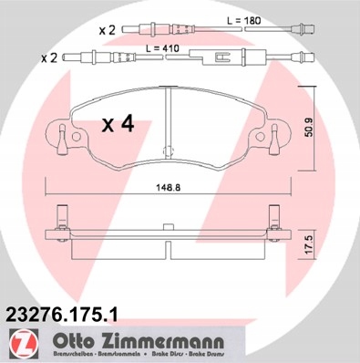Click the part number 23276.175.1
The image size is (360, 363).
pos(62,315)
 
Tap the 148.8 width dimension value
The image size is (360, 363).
pos(169,188)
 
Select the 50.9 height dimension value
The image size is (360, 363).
pos(309,128)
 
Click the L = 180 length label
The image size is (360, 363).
pos(244,21)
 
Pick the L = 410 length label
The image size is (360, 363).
pos(162,48)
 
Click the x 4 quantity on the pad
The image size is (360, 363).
pos(118,124)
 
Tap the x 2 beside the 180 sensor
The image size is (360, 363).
pos(108,30)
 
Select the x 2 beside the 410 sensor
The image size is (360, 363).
pos(49,57)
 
